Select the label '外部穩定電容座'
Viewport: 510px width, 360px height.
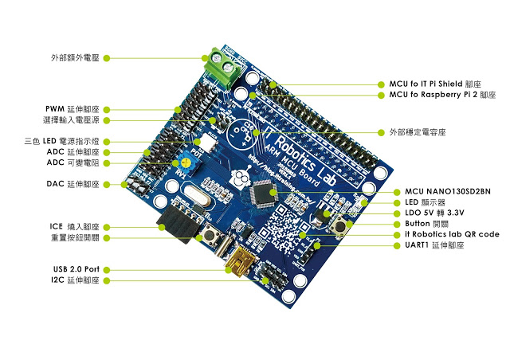(426, 131)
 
